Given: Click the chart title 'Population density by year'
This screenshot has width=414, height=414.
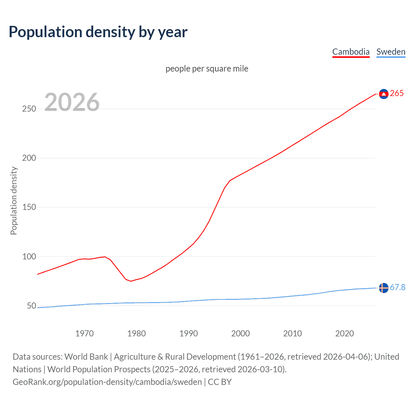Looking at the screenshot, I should [x=98, y=32].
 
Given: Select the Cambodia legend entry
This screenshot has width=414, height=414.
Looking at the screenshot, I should [x=351, y=52].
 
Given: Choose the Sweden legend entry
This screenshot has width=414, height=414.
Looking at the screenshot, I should [x=391, y=52].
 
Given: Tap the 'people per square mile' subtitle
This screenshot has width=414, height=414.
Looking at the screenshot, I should [x=207, y=69].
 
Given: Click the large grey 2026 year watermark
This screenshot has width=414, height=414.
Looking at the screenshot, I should [x=72, y=102].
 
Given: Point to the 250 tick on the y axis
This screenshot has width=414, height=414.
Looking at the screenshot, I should [x=29, y=109].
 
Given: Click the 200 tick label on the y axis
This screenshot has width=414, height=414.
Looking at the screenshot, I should [x=29, y=158].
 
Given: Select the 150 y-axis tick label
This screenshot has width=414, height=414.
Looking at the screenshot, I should [x=29, y=207].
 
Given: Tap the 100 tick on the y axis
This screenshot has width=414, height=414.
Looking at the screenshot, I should [x=29, y=256].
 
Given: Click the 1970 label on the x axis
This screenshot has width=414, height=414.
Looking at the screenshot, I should [x=84, y=333].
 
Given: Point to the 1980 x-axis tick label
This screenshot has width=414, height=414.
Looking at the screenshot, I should [x=136, y=333].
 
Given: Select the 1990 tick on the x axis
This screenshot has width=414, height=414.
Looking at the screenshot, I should [x=189, y=333].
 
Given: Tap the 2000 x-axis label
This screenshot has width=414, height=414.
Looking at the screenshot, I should [x=240, y=333].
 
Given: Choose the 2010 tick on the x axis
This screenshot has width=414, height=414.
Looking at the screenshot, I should [x=292, y=333].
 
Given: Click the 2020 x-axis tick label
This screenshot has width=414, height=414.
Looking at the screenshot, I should [x=344, y=333].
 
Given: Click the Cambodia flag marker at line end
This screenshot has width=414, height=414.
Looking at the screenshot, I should [x=384, y=94].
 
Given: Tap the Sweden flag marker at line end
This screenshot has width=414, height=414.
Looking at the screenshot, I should [x=384, y=288].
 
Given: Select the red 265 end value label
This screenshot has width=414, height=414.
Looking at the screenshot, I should [x=397, y=93].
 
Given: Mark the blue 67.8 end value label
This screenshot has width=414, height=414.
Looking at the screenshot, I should [x=398, y=288].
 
